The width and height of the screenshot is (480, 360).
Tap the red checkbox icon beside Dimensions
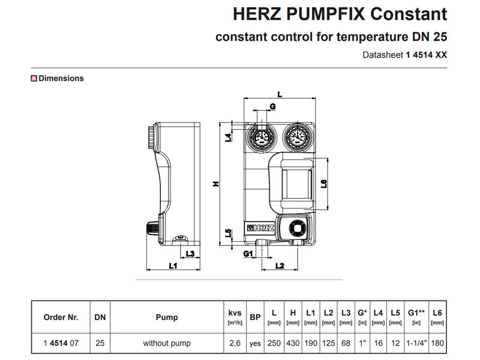tap(34, 78)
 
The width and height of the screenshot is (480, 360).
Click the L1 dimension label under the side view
tap(173, 265)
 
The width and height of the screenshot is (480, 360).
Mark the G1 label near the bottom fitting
tap(248, 254)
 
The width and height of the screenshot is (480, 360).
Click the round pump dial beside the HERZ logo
tap(296, 227)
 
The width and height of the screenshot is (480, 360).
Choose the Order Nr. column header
tap(61, 317)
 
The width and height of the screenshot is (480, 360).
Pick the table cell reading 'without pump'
tap(167, 344)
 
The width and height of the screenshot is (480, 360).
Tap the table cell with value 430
tap(293, 344)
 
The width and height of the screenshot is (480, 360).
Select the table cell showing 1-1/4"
tap(415, 344)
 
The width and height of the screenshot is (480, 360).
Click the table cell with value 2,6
tap(235, 344)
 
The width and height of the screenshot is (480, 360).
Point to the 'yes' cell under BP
tap(255, 344)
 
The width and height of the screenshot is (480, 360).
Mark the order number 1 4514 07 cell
tap(61, 344)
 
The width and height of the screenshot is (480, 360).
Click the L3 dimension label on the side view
tap(190, 254)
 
